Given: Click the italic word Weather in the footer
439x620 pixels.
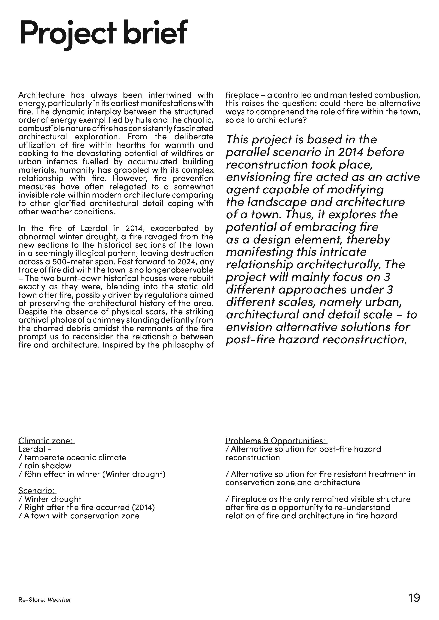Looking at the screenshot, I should click(x=59, y=600).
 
